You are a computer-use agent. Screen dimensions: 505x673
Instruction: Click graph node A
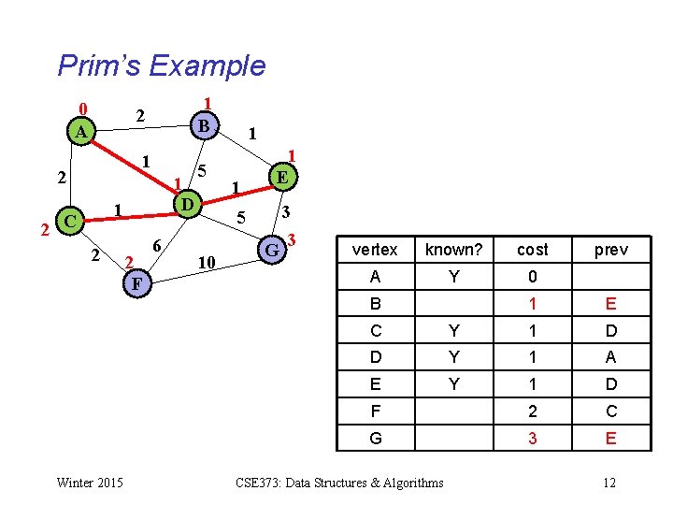point(81,133)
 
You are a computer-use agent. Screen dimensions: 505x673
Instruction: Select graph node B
point(203,123)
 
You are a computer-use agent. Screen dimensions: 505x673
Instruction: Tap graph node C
point(68,222)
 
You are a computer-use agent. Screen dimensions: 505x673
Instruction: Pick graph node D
point(187,204)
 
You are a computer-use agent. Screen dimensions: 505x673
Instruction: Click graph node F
point(136,282)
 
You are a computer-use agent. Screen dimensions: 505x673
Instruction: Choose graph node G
point(271,250)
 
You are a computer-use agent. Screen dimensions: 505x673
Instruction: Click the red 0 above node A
point(82,108)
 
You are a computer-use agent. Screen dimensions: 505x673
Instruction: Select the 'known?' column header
point(453,250)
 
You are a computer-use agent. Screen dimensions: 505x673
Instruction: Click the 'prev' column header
point(610,250)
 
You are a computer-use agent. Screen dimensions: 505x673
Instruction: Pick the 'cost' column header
point(532,250)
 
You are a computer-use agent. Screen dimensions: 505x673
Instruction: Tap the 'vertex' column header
point(375,250)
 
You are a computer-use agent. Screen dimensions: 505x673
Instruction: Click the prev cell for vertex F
point(610,411)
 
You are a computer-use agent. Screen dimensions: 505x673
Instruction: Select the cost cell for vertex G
point(532,438)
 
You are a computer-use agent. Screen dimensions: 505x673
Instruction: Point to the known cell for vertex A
point(453,277)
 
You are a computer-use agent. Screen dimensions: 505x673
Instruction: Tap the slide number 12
point(609,483)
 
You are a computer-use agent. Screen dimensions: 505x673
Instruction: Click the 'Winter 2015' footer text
point(90,483)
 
